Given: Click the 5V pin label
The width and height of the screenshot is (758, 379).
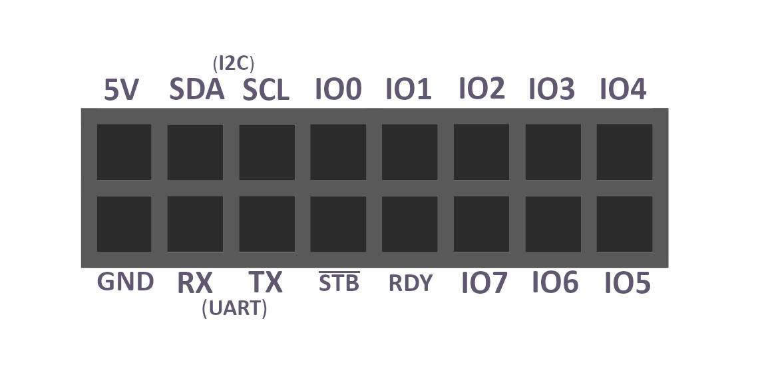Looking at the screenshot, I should (121, 90).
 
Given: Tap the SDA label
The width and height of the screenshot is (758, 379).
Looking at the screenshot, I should (196, 89).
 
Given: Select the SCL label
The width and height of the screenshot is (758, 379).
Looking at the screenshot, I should (266, 90).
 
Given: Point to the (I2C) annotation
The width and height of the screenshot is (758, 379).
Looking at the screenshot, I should (234, 64).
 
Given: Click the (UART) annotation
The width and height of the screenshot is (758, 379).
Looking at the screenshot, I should (234, 309).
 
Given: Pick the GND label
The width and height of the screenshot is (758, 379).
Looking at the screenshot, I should (125, 282).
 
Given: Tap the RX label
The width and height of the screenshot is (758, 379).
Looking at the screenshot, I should (195, 284).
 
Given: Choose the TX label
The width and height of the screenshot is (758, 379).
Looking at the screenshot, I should (266, 283).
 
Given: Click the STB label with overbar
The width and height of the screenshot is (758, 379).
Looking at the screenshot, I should (339, 283).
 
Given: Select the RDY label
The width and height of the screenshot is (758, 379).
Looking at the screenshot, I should (411, 284).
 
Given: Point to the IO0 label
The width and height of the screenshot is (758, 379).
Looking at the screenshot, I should (337, 89).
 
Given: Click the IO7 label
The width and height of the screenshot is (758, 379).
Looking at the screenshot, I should (484, 284).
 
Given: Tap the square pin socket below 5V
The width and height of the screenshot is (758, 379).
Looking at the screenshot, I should (124, 152).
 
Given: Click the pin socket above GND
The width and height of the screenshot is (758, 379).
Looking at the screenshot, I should (124, 224).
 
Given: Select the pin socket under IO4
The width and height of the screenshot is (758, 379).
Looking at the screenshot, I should (624, 152).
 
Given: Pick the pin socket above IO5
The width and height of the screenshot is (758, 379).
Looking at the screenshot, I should (624, 224).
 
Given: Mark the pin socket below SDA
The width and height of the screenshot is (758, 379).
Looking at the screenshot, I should (195, 152).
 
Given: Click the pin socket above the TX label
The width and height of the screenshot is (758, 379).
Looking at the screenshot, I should (267, 224).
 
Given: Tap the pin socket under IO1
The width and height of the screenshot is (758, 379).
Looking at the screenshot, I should (409, 152).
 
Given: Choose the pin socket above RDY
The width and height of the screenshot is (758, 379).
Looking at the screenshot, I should (409, 224).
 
